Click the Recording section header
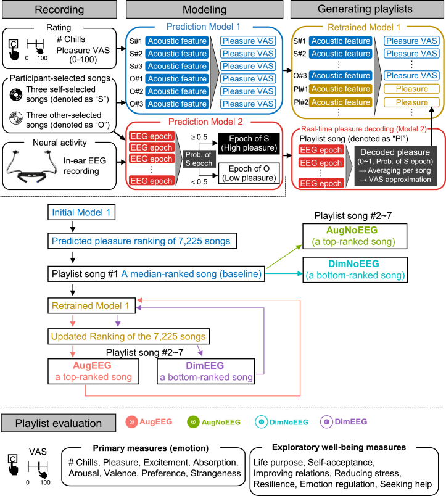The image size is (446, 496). [x=59, y=9]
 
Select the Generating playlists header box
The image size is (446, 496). [x=367, y=9]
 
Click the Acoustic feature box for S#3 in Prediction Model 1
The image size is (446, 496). [x=177, y=66]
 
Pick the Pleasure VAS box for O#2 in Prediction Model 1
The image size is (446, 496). [x=247, y=91]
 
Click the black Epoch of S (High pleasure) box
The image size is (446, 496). [x=249, y=143]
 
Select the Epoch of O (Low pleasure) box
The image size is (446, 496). [x=249, y=173]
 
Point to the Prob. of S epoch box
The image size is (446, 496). [x=199, y=159]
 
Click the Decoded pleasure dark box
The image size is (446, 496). [x=395, y=166]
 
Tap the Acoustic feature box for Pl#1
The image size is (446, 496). [x=341, y=89]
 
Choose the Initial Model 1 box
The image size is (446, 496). [x=81, y=212]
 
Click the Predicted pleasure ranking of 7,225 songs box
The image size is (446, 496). [x=142, y=241]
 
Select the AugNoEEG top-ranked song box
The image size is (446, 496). [x=355, y=236]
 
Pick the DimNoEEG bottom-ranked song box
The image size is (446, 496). [x=355, y=270]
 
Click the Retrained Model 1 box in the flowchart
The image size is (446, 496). [x=91, y=305]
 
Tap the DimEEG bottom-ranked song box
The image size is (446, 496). [x=206, y=371]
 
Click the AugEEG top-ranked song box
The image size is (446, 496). [x=93, y=371]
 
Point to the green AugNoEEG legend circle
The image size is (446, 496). [x=193, y=422]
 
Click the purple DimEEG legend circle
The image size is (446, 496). [x=326, y=422]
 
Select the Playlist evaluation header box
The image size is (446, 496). [x=59, y=423]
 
